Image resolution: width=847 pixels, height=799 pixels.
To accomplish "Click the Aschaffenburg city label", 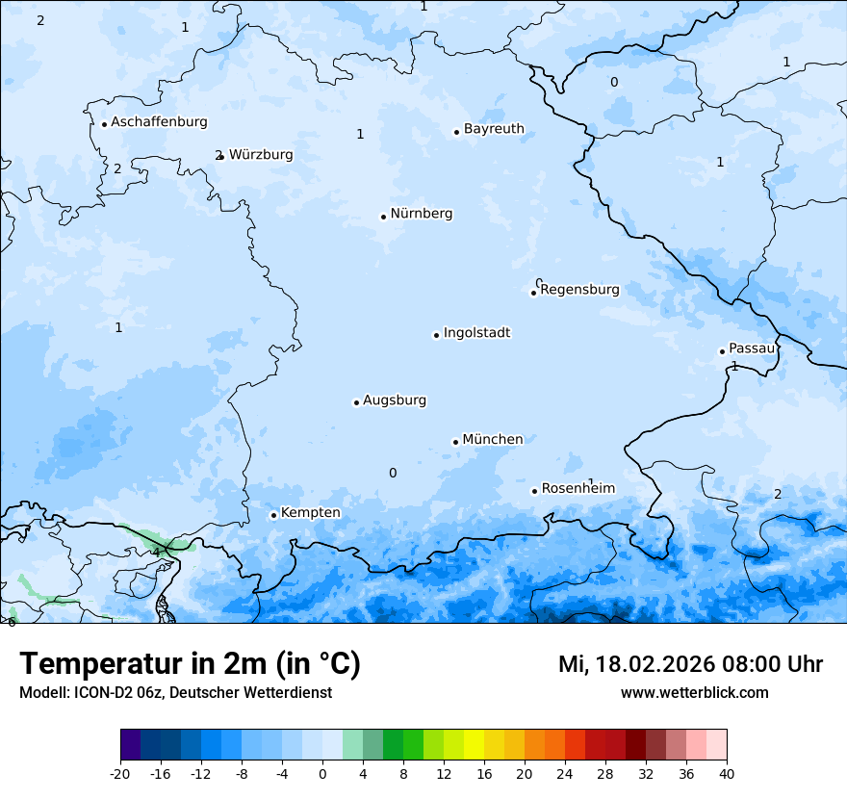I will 159,122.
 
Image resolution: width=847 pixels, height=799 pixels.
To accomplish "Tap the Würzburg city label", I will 261,155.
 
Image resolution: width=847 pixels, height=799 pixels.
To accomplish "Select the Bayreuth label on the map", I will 494,129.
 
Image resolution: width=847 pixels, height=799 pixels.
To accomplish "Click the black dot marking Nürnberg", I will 383,217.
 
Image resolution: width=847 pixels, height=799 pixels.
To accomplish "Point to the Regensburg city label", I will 579,290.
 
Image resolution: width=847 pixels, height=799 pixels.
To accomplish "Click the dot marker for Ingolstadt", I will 436,335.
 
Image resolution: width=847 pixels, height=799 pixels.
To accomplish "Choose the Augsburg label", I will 395,400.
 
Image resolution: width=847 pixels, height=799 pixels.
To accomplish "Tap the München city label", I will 493,440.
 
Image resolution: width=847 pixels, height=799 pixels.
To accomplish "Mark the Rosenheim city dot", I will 534,491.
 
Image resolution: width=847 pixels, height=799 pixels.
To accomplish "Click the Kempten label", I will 310,513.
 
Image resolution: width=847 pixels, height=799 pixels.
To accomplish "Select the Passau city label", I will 752,348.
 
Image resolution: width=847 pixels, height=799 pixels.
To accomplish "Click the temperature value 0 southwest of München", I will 393,473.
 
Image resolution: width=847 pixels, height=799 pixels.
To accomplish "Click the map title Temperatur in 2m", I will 190,664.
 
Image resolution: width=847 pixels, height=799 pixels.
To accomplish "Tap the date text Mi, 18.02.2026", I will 636,664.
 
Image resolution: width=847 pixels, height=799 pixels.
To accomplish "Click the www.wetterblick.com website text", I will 694,693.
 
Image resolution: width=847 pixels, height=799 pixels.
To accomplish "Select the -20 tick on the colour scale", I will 120,773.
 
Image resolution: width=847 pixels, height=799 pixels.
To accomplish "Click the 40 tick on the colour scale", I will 727,773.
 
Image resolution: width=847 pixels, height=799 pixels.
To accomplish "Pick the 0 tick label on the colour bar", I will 322,773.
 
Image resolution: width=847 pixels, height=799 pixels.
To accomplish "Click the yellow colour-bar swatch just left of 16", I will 474,746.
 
